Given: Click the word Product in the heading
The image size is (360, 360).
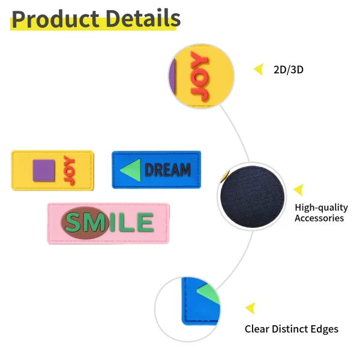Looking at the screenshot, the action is [x=55, y=19].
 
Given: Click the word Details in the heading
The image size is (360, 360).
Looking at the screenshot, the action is [x=143, y=19].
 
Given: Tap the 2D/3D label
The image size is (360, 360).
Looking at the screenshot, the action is [x=289, y=70].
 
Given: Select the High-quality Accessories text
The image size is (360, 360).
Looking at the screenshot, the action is [x=321, y=212].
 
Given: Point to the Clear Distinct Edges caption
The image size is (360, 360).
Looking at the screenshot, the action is [x=292, y=329].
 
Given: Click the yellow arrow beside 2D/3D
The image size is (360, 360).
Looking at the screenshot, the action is [x=259, y=69].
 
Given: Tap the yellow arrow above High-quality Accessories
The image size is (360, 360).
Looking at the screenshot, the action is [x=299, y=190].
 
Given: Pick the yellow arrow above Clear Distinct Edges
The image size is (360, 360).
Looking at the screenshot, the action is [x=250, y=308].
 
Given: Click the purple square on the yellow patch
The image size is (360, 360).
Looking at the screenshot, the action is [x=44, y=170].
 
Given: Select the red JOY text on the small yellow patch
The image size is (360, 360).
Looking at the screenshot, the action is [x=70, y=170].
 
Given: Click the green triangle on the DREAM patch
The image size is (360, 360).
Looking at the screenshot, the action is [x=131, y=170].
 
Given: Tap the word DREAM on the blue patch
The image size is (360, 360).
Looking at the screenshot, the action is [x=167, y=170].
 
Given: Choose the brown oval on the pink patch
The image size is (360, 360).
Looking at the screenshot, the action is [x=85, y=223].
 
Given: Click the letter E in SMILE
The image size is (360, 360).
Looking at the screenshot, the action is [x=145, y=222].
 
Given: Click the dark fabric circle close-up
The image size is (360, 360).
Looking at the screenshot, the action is [x=252, y=197].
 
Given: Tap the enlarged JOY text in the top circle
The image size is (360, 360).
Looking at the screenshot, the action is [x=200, y=76].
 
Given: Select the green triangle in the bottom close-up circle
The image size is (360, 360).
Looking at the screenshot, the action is [x=208, y=295].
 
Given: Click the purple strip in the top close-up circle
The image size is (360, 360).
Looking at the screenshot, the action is [x=172, y=76].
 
